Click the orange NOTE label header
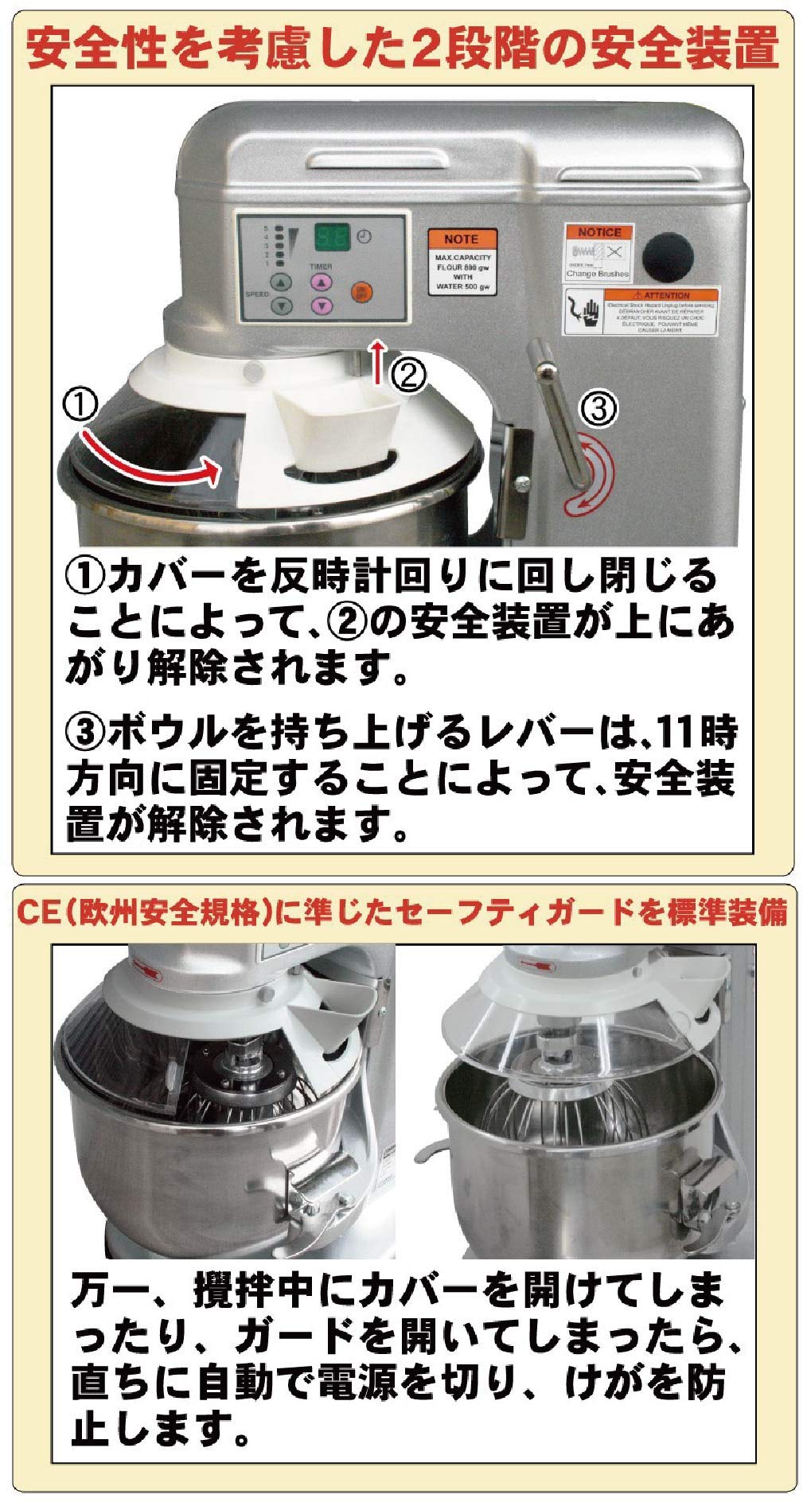pos(461,239)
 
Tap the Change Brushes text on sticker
pos(598,274)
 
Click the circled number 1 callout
pos(80,406)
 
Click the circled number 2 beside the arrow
pos(407,372)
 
